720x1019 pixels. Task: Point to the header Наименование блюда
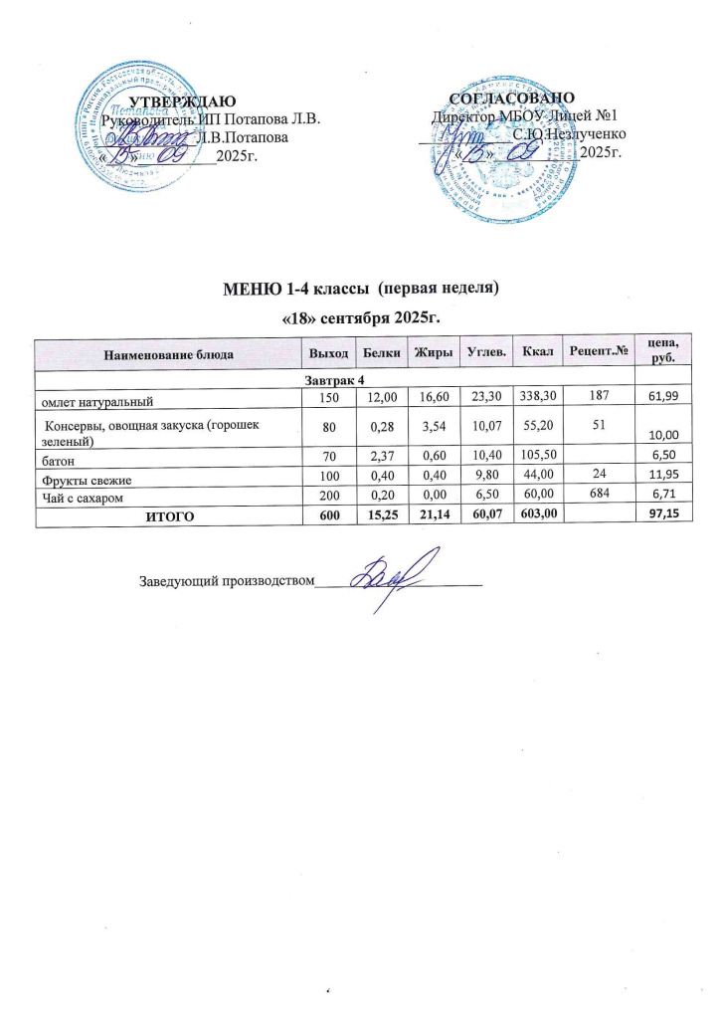(x=168, y=353)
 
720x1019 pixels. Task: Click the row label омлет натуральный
(x=96, y=401)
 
